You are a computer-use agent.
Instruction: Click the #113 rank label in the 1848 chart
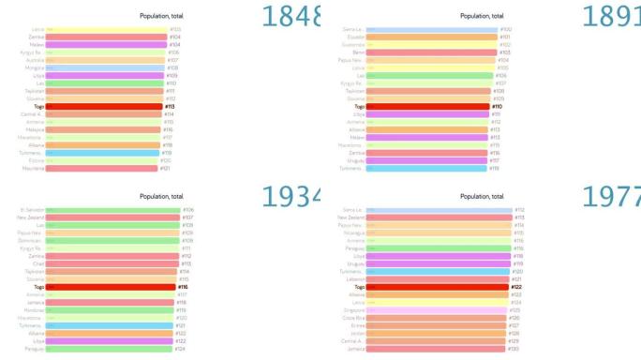(x=170, y=107)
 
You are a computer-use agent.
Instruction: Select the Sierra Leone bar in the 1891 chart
(x=432, y=30)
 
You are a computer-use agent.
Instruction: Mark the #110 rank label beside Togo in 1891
(x=497, y=107)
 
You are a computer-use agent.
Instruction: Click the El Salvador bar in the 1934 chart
(x=112, y=210)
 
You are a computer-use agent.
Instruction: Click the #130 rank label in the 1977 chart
(x=514, y=349)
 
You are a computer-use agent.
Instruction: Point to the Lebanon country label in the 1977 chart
(x=353, y=279)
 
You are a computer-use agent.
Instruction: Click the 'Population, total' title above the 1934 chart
(x=161, y=196)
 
